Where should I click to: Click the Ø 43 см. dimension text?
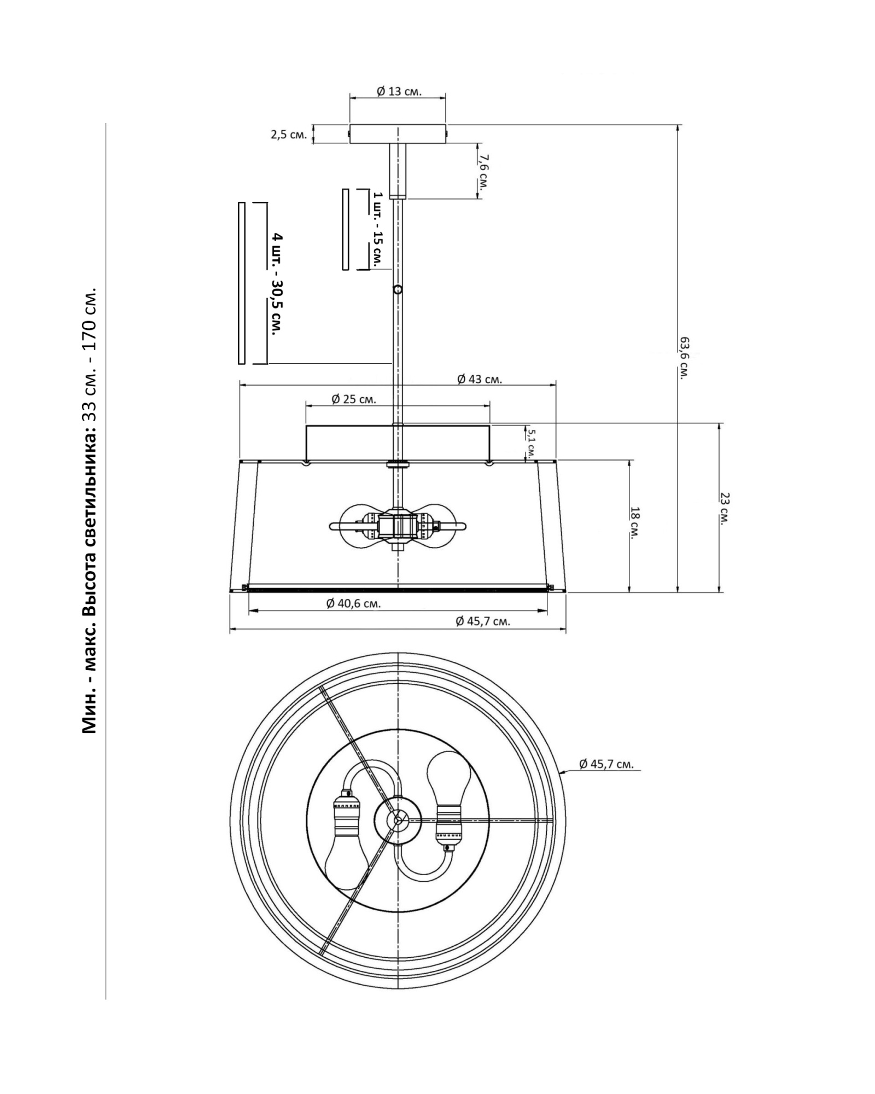point(480,379)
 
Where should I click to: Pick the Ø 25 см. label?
point(354,399)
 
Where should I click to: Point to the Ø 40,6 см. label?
point(353,604)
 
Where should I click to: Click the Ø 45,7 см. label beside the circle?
point(606,764)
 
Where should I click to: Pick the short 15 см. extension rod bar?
point(346,229)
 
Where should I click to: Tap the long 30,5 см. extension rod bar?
point(242,283)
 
